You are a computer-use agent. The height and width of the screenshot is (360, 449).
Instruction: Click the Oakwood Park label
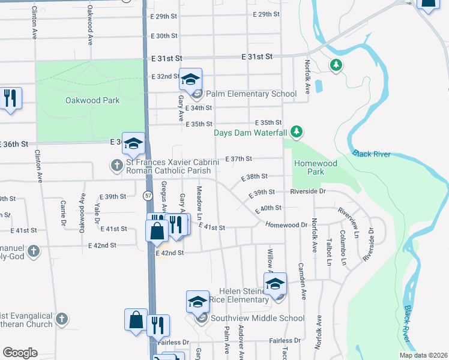coord(92,101)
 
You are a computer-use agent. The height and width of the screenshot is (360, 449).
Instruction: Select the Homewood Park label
coord(315,167)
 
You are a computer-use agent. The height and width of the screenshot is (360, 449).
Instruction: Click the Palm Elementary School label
coord(252,94)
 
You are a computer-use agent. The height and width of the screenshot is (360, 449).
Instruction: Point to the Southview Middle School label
coord(257,318)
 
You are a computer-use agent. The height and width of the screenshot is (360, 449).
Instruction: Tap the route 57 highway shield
coord(148,196)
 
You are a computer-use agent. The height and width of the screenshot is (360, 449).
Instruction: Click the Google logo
coord(20,353)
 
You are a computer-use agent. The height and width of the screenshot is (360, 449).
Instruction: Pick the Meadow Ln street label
coord(200,202)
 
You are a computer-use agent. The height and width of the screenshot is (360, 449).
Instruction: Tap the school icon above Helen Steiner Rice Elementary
coord(276,283)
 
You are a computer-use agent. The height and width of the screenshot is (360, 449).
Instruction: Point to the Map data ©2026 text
coord(423,355)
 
